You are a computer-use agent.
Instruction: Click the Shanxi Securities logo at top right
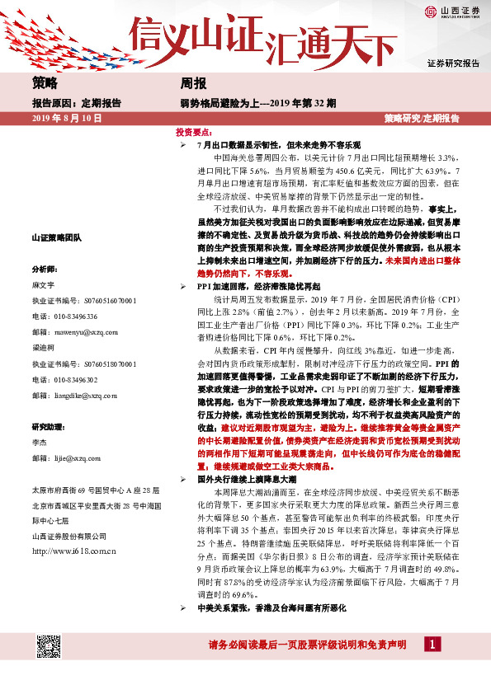[x=452, y=12]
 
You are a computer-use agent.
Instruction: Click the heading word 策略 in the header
[x=46, y=83]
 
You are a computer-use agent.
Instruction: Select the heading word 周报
[x=193, y=83]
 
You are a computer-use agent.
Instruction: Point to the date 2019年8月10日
[x=66, y=119]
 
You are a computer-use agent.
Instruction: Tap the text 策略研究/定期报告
[x=422, y=119]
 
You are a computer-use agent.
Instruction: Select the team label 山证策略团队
[x=56, y=237]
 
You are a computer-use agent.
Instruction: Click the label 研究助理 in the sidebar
[x=47, y=427]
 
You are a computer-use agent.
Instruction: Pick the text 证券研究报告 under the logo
[x=453, y=63]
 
